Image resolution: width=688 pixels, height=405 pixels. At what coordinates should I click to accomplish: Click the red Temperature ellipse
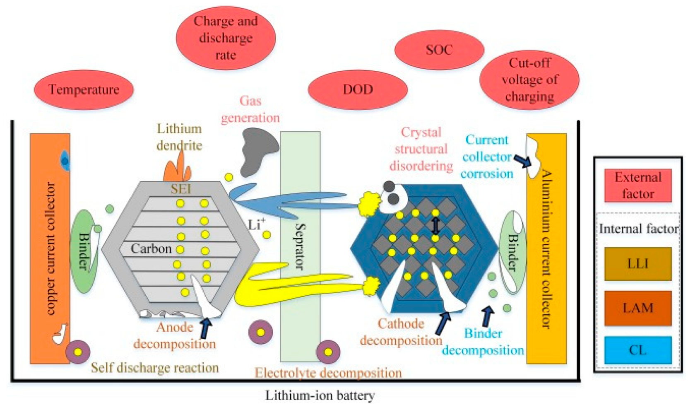pyautogui.click(x=84, y=89)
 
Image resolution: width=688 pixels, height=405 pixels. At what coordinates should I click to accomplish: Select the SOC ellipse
pyautogui.click(x=439, y=50)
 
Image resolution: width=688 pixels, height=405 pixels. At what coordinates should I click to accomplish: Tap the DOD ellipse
pyautogui.click(x=358, y=89)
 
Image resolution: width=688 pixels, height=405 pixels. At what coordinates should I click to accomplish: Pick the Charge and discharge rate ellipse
pyautogui.click(x=226, y=38)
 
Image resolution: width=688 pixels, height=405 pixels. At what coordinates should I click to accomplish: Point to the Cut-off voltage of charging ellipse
pyautogui.click(x=529, y=80)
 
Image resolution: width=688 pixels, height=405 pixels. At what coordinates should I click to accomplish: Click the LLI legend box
pyautogui.click(x=637, y=264)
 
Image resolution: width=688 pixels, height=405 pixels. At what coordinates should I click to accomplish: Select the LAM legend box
pyautogui.click(x=637, y=308)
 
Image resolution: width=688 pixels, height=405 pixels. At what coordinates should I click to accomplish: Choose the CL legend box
pyautogui.click(x=637, y=350)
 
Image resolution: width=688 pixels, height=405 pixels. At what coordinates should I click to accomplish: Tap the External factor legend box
pyautogui.click(x=637, y=186)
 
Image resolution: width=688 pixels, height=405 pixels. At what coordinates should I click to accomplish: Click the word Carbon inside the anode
pyautogui.click(x=151, y=248)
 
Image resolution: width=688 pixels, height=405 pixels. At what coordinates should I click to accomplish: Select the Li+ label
pyautogui.click(x=256, y=224)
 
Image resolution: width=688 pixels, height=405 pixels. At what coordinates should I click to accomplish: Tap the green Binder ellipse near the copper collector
pyautogui.click(x=84, y=251)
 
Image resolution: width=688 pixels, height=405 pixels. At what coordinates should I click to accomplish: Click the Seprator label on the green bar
pyautogui.click(x=300, y=246)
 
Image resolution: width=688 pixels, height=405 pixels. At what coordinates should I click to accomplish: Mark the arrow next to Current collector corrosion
pyautogui.click(x=522, y=161)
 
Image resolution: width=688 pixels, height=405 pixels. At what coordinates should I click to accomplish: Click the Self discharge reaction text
pyautogui.click(x=154, y=368)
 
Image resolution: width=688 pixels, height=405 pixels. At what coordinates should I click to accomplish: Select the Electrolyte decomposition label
pyautogui.click(x=328, y=373)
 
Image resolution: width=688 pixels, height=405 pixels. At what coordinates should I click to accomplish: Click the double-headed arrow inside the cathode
pyautogui.click(x=435, y=226)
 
